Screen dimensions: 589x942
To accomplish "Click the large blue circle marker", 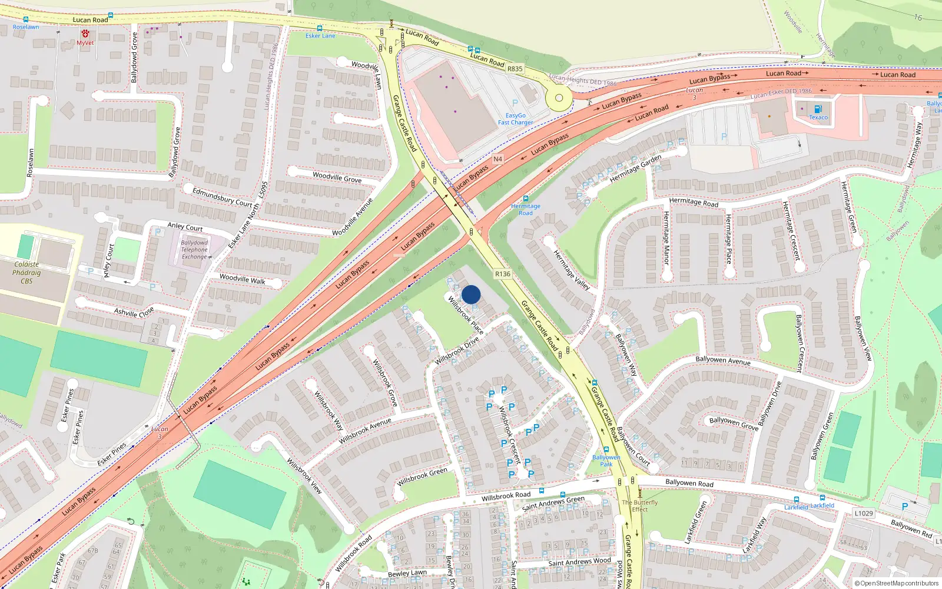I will (x=471, y=294).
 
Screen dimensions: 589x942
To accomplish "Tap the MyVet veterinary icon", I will (x=85, y=34).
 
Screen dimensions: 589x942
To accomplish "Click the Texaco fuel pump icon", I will (x=818, y=109).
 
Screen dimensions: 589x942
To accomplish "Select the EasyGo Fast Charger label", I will (x=515, y=119).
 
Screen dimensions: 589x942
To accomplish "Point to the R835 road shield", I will (x=515, y=69).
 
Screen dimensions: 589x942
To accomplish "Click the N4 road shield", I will (x=497, y=159).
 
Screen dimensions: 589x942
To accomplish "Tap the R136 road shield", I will (x=502, y=274).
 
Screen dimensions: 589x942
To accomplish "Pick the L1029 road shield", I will (x=864, y=513).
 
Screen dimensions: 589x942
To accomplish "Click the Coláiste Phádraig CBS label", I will (x=26, y=273).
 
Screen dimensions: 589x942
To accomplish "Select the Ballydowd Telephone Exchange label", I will (x=194, y=250).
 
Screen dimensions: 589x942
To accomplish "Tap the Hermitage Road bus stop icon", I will (x=526, y=198).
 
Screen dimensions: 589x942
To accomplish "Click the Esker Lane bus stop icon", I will (x=320, y=28).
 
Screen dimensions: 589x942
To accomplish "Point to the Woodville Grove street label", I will (x=337, y=177).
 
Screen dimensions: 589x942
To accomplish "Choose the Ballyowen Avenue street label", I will (x=722, y=360).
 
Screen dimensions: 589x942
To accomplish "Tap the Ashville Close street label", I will (x=134, y=312).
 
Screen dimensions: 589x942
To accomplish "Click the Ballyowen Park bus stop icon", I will (x=606, y=450).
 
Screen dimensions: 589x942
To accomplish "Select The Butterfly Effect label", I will (x=639, y=506).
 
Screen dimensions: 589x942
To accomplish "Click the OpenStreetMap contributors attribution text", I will (x=896, y=584).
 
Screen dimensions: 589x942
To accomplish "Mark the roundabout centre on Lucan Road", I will (x=559, y=98).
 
